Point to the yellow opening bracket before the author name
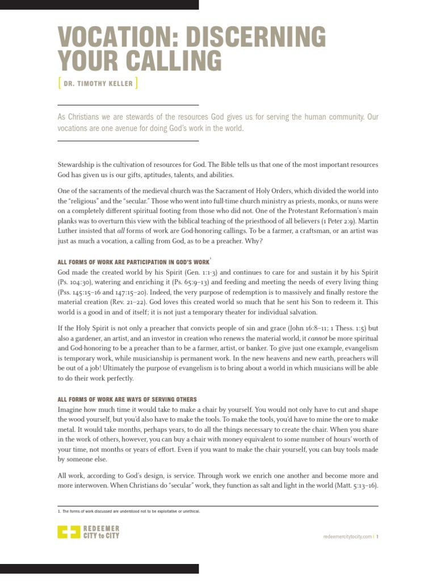[60, 84]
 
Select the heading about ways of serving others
[128, 399]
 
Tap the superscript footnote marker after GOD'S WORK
[211, 258]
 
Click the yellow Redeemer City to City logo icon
[70, 533]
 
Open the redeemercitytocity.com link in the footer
[346, 536]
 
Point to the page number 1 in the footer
[377, 536]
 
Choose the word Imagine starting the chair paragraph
[72, 409]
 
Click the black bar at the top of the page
[99, 5]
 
